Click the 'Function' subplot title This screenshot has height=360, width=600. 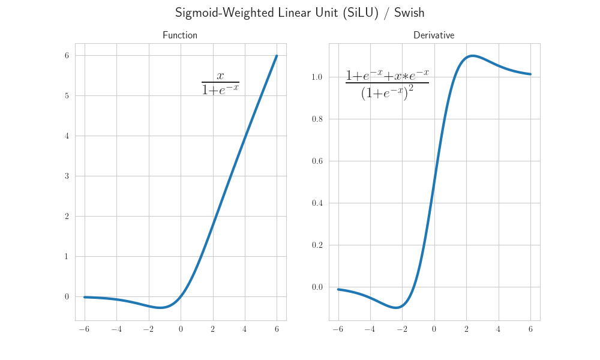tap(180, 35)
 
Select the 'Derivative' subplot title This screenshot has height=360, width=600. tap(434, 35)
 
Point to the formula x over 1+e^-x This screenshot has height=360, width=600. tap(220, 83)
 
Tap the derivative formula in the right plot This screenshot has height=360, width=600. tap(387, 84)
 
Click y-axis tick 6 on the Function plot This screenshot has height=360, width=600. tap(67, 56)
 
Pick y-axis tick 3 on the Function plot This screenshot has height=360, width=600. tap(67, 176)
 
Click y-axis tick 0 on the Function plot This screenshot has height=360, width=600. tap(67, 297)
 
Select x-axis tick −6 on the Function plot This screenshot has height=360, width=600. tap(84, 329)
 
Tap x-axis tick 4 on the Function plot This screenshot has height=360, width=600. tap(245, 329)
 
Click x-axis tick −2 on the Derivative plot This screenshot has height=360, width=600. tap(401, 329)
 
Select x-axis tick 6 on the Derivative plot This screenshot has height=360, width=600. tap(530, 329)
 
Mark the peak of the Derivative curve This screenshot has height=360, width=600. tap(473, 56)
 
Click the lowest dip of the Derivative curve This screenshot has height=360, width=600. tap(397, 308)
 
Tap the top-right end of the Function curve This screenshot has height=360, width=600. tap(277, 56)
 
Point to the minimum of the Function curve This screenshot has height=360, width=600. tap(160, 308)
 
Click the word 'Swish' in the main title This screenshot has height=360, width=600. tap(409, 13)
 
